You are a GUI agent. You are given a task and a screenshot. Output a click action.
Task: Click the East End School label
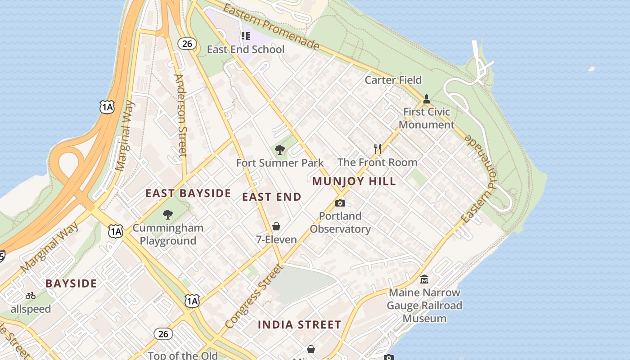pyautogui.click(x=246, y=49)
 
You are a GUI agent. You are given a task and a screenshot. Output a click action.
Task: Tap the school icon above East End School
pyautogui.click(x=245, y=36)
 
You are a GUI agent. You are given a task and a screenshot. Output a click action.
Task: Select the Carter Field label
pyautogui.click(x=393, y=80)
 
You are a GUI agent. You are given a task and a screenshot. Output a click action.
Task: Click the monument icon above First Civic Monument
pyautogui.click(x=427, y=99)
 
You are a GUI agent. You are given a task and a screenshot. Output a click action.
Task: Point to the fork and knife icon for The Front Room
pyautogui.click(x=378, y=148)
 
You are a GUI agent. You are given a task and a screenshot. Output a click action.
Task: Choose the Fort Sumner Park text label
pyautogui.click(x=280, y=163)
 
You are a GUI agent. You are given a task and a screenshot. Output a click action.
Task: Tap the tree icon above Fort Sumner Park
pyautogui.click(x=279, y=149)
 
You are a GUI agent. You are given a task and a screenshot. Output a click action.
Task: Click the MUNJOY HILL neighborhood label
pyautogui.click(x=354, y=181)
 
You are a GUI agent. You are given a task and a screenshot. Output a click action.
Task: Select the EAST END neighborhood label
pyautogui.click(x=272, y=197)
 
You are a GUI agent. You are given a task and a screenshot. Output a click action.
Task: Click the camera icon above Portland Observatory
pyautogui.click(x=340, y=203)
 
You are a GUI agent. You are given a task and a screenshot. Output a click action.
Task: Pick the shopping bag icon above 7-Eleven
pyautogui.click(x=276, y=226)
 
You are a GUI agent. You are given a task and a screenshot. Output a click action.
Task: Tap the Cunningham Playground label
pyautogui.click(x=168, y=234)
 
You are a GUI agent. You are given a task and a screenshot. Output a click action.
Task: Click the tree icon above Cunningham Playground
pyautogui.click(x=168, y=214)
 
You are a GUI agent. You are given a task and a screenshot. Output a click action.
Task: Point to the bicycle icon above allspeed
pyautogui.click(x=31, y=296)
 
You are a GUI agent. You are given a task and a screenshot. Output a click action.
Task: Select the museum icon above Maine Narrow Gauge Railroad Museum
pyautogui.click(x=424, y=279)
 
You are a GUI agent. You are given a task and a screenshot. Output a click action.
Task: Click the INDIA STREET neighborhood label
pyautogui.click(x=300, y=325)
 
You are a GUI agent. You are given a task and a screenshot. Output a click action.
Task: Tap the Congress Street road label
pyautogui.click(x=254, y=296)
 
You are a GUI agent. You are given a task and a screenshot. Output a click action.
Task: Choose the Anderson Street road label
pyautogui.click(x=180, y=115)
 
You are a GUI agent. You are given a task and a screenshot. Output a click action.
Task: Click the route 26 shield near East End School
pyautogui.click(x=187, y=44)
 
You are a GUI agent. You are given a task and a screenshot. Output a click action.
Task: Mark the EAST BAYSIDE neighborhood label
pyautogui.click(x=188, y=193)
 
